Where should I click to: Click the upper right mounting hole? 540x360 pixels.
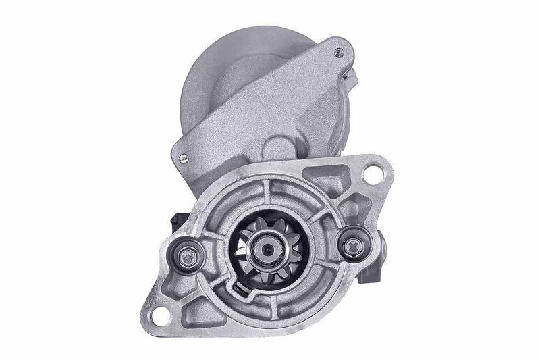[x=372, y=174]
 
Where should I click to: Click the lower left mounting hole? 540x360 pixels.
[x=159, y=315]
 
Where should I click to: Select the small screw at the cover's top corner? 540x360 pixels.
[x=339, y=53]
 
